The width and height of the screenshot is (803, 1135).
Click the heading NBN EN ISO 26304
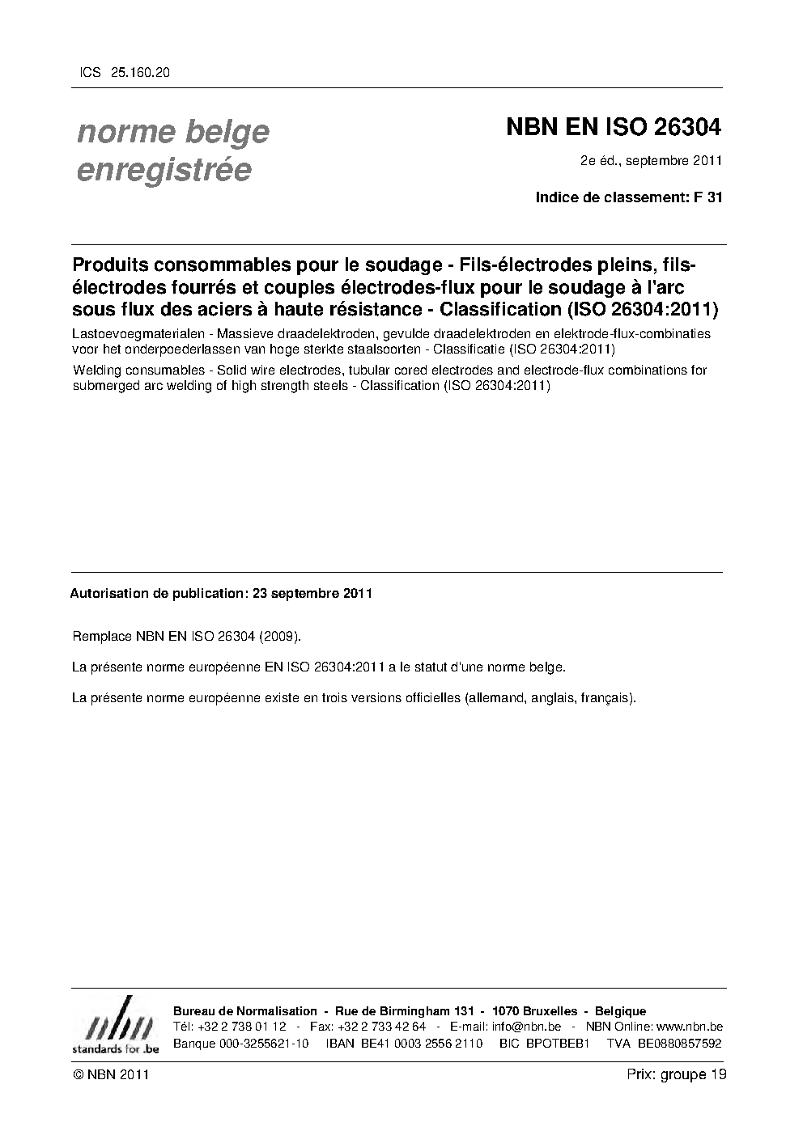pos(613,128)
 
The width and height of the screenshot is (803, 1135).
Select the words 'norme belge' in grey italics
pos(173,131)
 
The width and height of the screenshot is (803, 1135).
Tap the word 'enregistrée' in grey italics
pos(164,170)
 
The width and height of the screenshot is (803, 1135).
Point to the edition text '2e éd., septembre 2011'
pos(651,160)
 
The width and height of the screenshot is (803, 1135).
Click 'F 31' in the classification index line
pos(707,197)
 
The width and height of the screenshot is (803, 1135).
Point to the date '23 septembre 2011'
pos(312,593)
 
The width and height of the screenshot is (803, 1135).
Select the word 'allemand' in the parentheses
pos(495,697)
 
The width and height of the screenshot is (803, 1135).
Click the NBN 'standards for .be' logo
pos(116,1027)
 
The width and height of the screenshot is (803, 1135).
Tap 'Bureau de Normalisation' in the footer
pos(245,1011)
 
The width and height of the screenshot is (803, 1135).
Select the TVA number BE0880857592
pos(679,1043)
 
